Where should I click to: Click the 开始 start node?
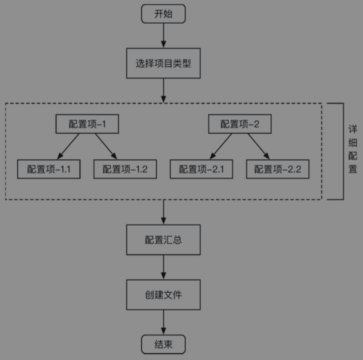tap(164, 14)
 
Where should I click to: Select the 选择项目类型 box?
tap(164, 63)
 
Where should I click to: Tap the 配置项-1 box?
tap(87, 124)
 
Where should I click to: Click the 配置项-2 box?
tap(239, 124)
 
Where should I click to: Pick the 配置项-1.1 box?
tap(48, 169)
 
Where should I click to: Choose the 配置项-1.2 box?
tap(125, 169)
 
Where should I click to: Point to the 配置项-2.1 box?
tap(201, 169)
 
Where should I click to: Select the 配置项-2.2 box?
tap(278, 169)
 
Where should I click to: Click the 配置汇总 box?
tap(164, 240)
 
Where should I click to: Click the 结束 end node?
tap(164, 345)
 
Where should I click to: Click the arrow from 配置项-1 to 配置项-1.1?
tap(70, 146)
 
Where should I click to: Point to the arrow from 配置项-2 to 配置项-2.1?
tap(222, 146)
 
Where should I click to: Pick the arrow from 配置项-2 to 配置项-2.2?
tap(257, 146)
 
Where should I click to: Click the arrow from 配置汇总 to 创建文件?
tap(164, 267)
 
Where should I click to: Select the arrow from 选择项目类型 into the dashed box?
tap(164, 90)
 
